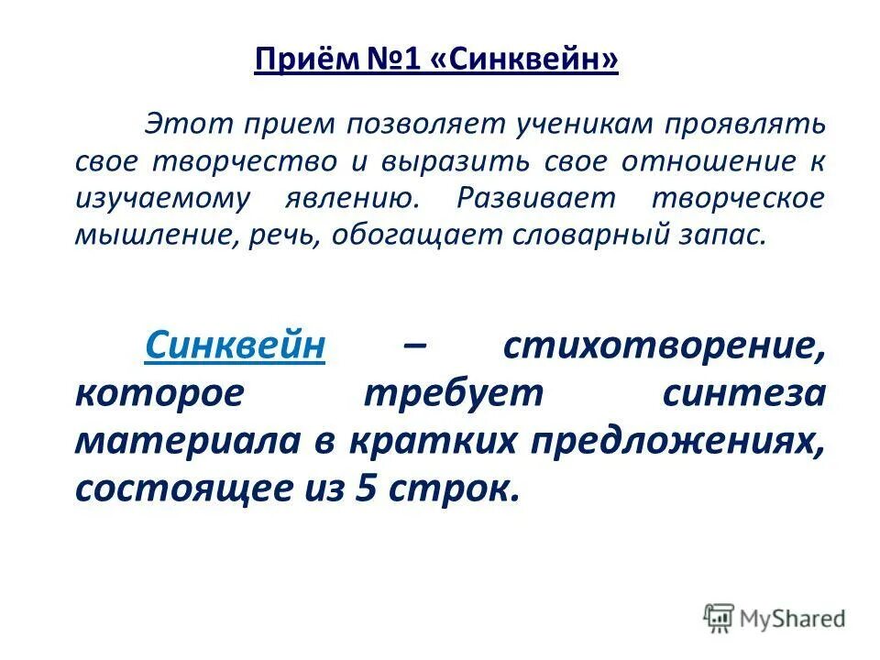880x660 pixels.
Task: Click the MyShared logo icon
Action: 719,617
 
